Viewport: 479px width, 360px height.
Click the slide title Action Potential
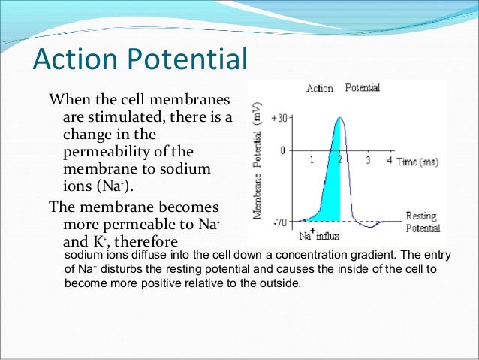point(141,59)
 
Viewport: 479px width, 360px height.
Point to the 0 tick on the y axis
point(282,150)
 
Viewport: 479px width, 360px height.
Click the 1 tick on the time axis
point(312,160)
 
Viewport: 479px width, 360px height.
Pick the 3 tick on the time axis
point(368,160)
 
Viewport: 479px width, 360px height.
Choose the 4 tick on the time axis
point(389,160)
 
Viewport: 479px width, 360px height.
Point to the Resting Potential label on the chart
point(422,222)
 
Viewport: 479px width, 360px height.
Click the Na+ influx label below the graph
point(321,235)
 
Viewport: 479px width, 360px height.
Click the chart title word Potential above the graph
point(362,88)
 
